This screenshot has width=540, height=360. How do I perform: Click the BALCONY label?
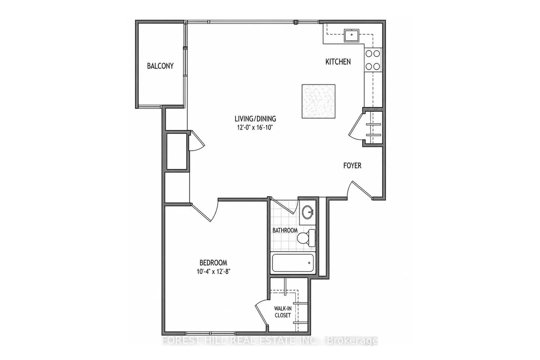click(160, 66)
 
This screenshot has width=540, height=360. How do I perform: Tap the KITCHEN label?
click(338, 62)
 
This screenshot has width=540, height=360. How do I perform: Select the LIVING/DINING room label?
click(255, 119)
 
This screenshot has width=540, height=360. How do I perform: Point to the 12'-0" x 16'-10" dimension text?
click(255, 127)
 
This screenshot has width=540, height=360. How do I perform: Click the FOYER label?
click(352, 166)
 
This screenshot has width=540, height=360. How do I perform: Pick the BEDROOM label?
click(214, 262)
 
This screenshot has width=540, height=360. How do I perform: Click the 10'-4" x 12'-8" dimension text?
click(214, 272)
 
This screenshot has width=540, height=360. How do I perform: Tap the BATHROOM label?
click(285, 230)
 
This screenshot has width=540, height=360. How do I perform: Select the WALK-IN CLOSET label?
click(283, 312)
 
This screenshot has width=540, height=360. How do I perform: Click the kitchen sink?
click(352, 35)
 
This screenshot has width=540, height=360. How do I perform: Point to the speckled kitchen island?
click(319, 101)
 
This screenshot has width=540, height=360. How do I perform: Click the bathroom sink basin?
click(308, 212)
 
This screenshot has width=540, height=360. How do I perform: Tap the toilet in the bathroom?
click(306, 238)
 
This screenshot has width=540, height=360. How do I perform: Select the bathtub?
click(293, 263)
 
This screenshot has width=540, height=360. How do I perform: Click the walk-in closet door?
click(262, 313)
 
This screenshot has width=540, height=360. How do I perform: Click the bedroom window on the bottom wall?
click(211, 333)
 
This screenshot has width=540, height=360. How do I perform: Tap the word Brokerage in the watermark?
click(352, 341)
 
